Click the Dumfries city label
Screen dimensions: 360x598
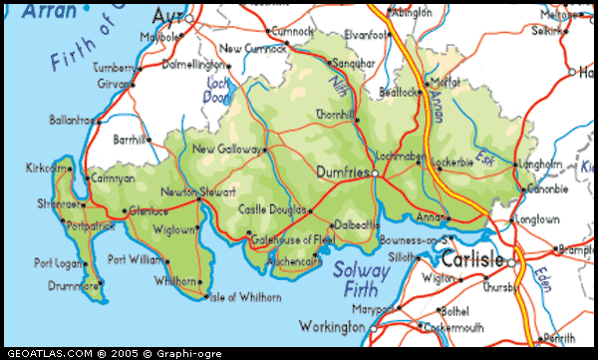point(341,173)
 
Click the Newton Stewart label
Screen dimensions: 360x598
point(198,190)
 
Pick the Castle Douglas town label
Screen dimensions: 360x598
point(271,209)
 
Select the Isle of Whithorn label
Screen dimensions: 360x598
point(242,296)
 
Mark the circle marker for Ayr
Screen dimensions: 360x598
point(188,18)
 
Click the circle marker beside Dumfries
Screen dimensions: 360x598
point(375,174)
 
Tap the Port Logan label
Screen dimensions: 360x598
point(57,263)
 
